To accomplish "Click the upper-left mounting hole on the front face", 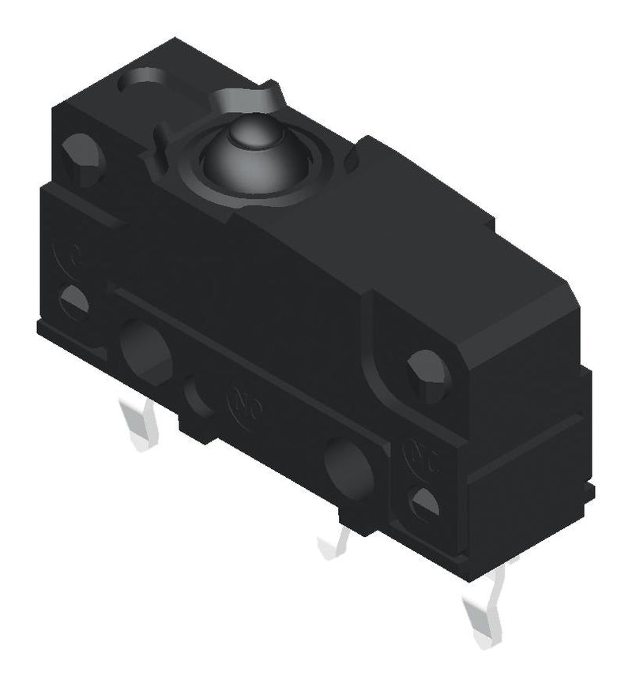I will coord(82,156).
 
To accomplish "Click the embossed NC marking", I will coord(418,453).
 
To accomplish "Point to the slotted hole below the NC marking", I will coord(426,503).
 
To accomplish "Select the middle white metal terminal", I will coord(336,542).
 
